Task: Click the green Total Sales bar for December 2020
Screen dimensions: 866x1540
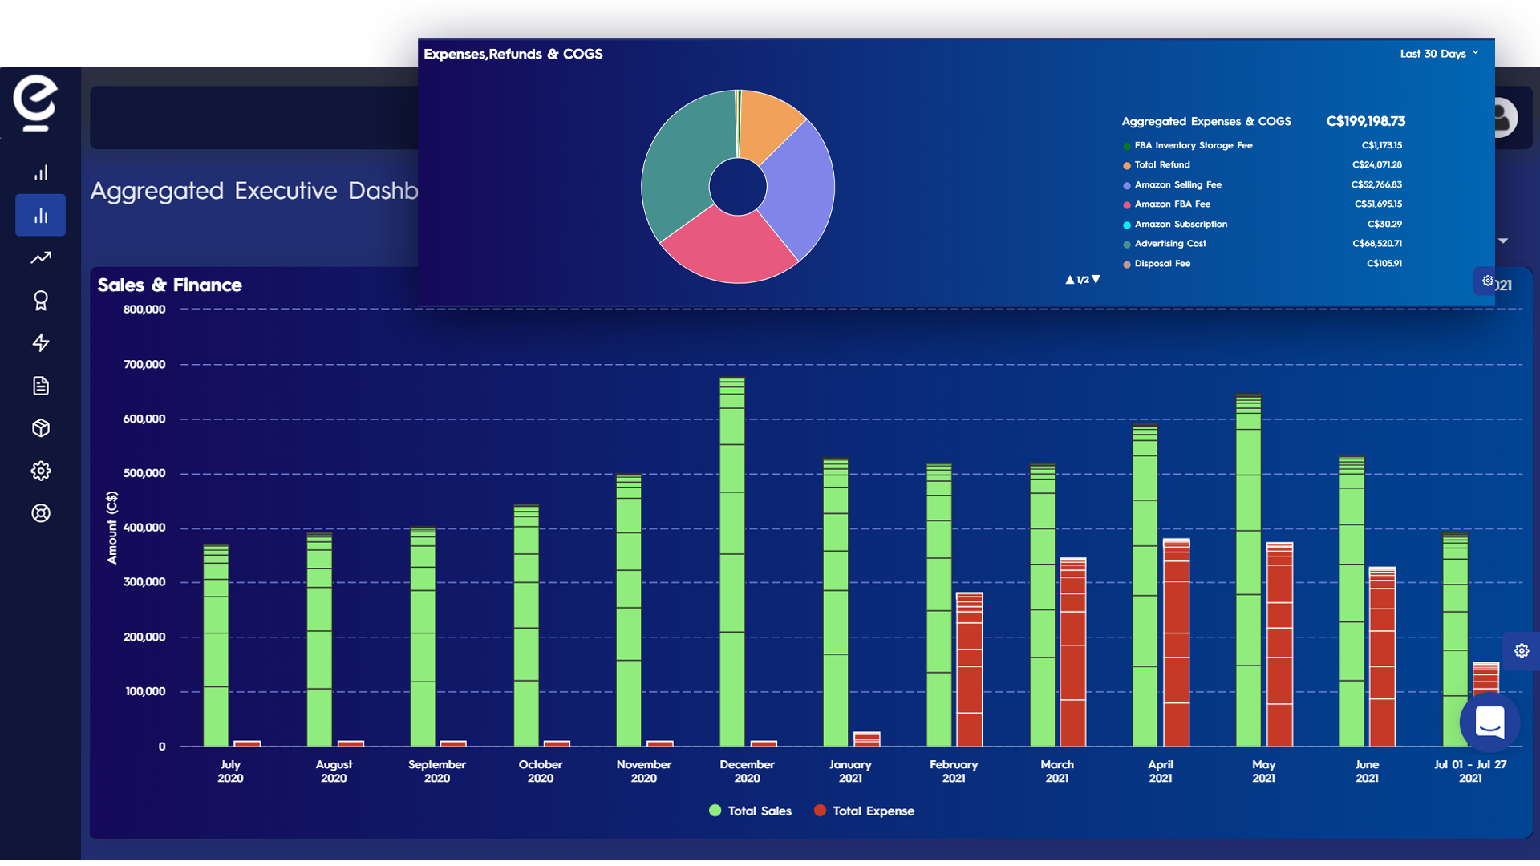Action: click(x=732, y=561)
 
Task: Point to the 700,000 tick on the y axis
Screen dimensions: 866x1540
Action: click(x=144, y=364)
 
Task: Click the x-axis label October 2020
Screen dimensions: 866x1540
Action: click(x=540, y=771)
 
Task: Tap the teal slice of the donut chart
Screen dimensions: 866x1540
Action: click(x=682, y=168)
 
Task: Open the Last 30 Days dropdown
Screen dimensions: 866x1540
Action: click(x=1439, y=54)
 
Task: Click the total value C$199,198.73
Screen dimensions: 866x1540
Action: click(x=1365, y=121)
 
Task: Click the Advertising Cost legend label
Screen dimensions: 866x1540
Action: click(x=1169, y=244)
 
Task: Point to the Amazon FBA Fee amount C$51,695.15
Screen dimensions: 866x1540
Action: click(x=1378, y=204)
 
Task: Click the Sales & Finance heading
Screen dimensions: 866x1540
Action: click(x=169, y=285)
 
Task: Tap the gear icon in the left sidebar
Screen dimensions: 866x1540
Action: click(x=41, y=471)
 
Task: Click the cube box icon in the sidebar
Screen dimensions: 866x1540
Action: click(x=41, y=428)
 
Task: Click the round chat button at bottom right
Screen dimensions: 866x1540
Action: click(x=1489, y=722)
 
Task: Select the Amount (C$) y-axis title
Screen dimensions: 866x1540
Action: click(x=112, y=528)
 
